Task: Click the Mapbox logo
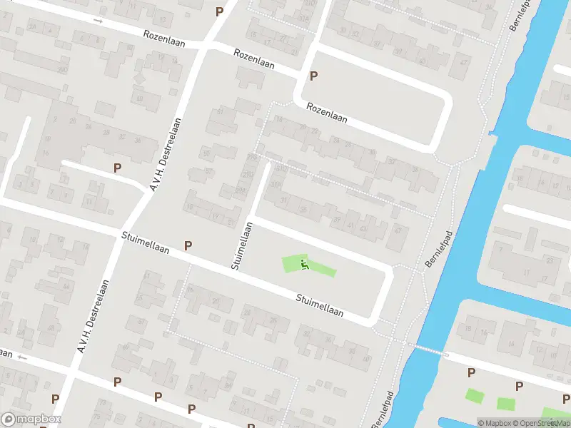31,419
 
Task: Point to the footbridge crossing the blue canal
427,349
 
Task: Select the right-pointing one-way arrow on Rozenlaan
98,21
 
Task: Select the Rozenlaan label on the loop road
327,113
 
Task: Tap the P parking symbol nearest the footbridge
471,372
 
